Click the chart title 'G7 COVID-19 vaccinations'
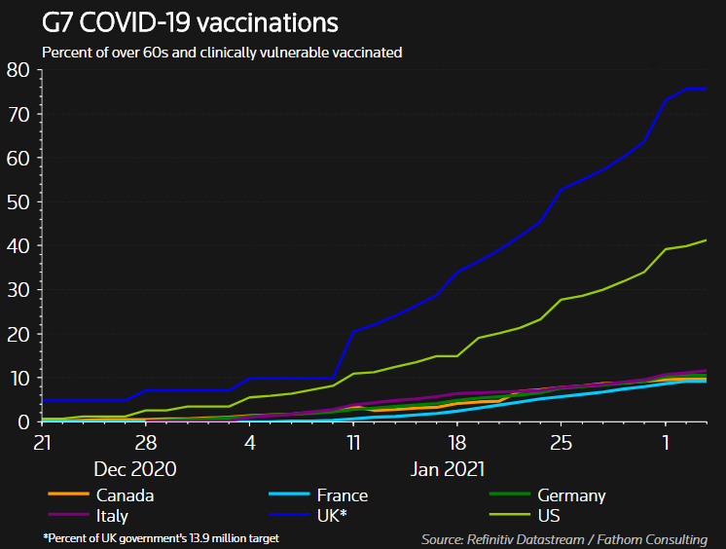coord(190,21)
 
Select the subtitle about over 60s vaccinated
coord(222,53)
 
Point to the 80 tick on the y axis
coord(18,70)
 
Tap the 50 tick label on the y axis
coord(18,202)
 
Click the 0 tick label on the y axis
coord(24,422)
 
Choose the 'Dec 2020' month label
coord(134,469)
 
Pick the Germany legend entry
coord(563,495)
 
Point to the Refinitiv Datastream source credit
coord(563,538)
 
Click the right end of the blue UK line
coord(706,89)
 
